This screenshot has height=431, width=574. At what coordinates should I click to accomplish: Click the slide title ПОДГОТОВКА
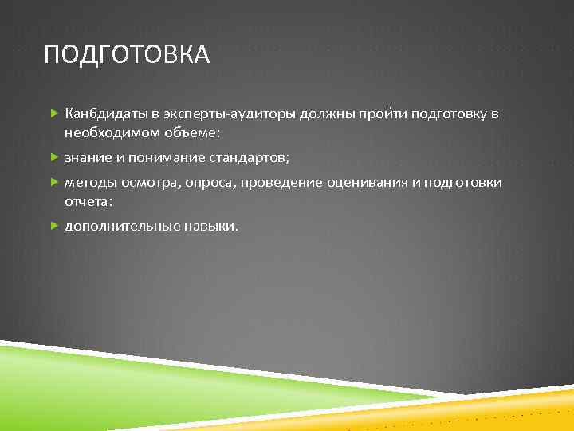click(127, 55)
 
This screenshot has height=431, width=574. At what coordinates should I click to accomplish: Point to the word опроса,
click(214, 183)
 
